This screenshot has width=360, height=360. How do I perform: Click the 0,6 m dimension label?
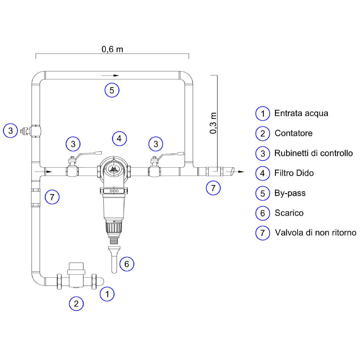(x=112, y=49)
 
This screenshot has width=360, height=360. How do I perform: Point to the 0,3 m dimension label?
(x=213, y=123)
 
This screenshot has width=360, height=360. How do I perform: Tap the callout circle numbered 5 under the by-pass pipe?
(x=112, y=90)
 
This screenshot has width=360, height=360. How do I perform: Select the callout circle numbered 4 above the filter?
(x=119, y=138)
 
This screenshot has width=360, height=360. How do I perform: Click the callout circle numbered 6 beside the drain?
(x=127, y=264)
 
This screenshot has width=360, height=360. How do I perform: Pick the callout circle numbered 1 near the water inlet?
(x=107, y=294)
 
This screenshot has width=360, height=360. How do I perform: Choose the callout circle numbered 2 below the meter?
(x=76, y=304)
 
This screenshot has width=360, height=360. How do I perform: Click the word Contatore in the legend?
(x=293, y=133)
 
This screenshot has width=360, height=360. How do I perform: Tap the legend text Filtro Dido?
(x=294, y=173)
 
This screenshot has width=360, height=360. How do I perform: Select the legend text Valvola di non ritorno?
(x=316, y=233)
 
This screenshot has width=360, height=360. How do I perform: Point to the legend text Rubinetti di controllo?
(x=313, y=153)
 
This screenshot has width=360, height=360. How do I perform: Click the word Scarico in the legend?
(x=289, y=213)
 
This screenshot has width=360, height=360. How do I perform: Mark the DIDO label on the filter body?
(x=114, y=191)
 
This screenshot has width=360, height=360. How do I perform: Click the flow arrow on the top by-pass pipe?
(x=110, y=75)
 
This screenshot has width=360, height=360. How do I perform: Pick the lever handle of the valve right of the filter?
(x=170, y=155)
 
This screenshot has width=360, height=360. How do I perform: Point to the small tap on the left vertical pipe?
(x=26, y=131)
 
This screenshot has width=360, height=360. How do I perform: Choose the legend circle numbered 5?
(x=263, y=193)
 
